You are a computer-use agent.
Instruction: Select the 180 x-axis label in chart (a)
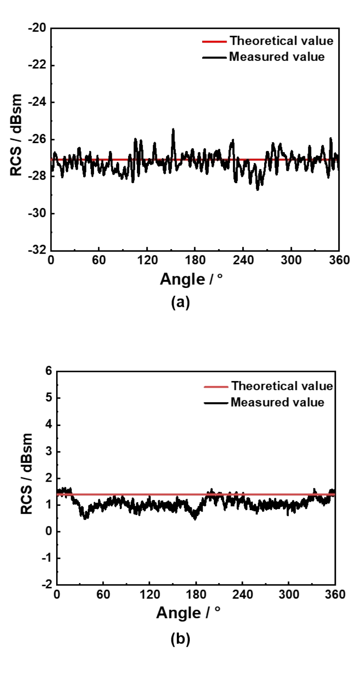click(195, 260)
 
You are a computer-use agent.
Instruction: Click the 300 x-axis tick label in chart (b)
click(289, 594)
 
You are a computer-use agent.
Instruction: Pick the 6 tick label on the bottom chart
click(49, 371)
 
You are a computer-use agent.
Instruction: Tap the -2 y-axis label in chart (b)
click(47, 584)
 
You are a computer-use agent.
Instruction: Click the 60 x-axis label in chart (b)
click(103, 594)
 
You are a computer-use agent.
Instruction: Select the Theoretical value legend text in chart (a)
click(281, 41)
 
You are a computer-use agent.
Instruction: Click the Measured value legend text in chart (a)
click(277, 57)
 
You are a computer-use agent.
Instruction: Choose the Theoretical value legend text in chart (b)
click(282, 386)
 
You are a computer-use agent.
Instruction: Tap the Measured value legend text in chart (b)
click(277, 402)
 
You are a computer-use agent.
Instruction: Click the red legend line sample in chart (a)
click(215, 41)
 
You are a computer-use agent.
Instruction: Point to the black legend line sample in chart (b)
click(216, 403)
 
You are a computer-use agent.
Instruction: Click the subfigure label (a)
click(180, 302)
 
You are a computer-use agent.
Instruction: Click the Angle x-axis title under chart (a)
click(191, 279)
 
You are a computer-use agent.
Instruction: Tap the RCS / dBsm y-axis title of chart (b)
click(27, 473)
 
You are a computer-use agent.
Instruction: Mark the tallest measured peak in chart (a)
click(173, 130)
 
